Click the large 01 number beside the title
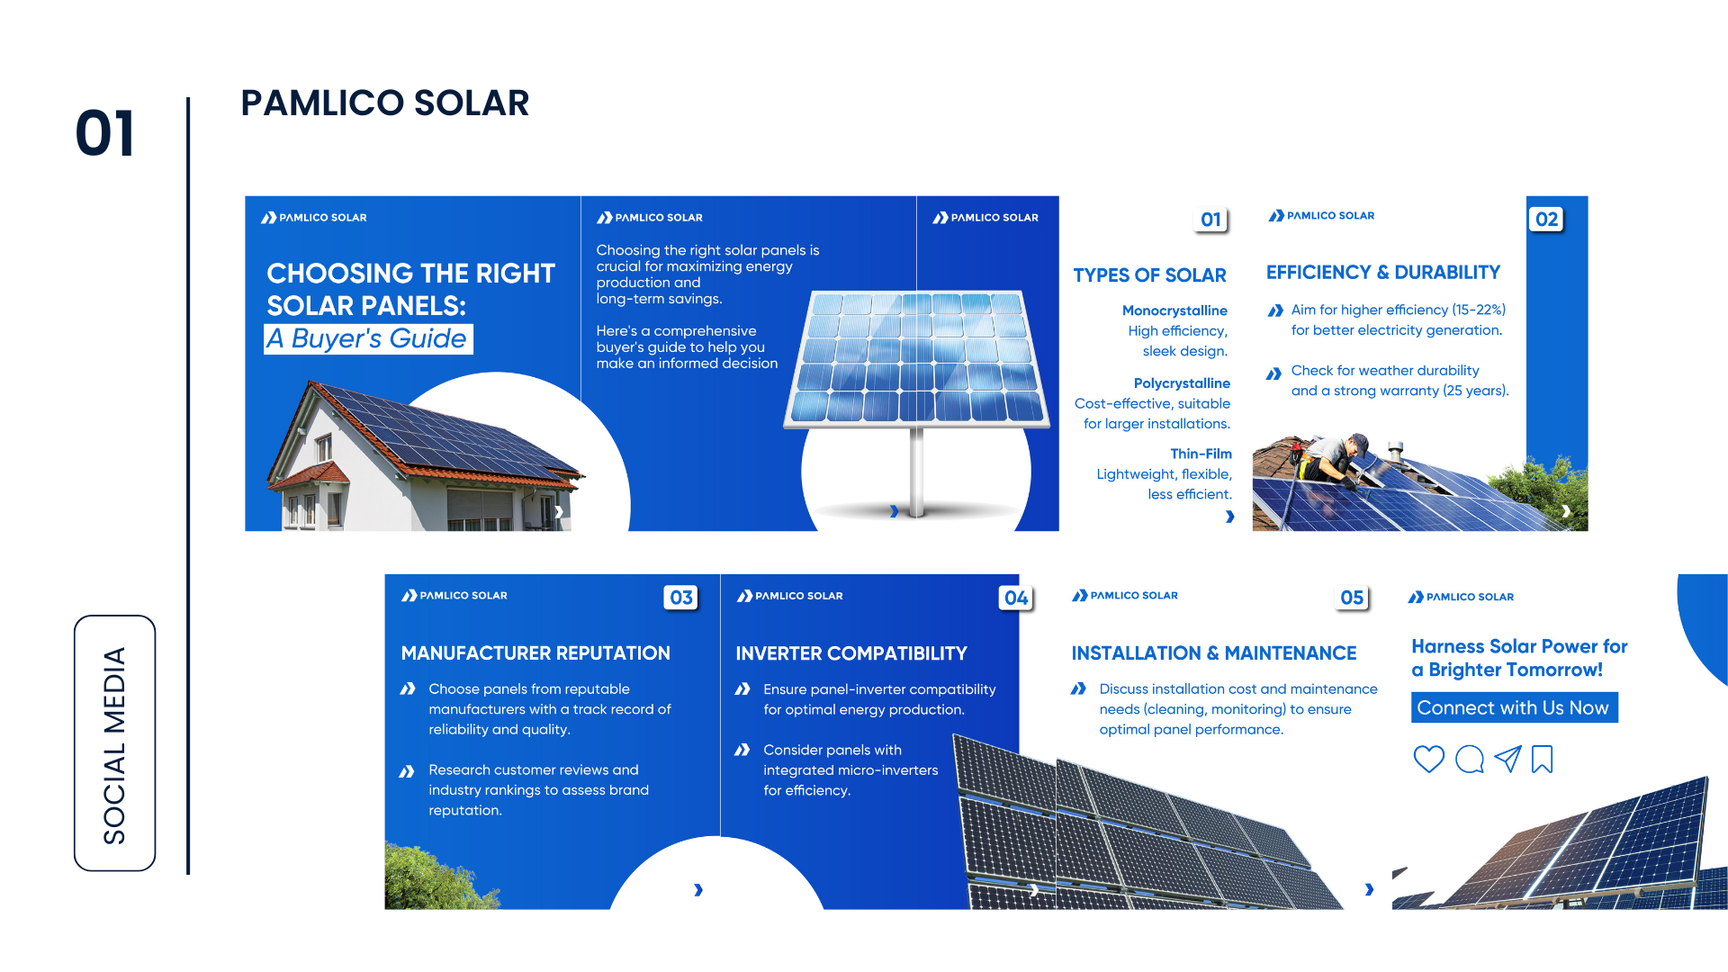pos(105,133)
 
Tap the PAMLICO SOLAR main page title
pos(385,103)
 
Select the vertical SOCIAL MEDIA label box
pos(114,743)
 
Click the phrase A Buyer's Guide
pos(368,338)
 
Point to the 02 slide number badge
pos(1546,219)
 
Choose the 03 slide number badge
pos(681,598)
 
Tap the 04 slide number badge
pos(1016,598)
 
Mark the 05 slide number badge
pos(1352,598)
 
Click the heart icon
pos(1428,759)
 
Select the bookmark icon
pos(1542,759)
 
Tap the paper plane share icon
pos(1507,759)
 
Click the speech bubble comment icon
pos(1469,759)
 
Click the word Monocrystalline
pos(1174,310)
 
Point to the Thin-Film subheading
pos(1201,454)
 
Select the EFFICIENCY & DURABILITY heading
pos(1383,273)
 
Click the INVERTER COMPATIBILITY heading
pos(851,653)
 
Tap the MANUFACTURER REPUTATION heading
pos(535,653)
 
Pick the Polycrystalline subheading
pos(1182,383)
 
